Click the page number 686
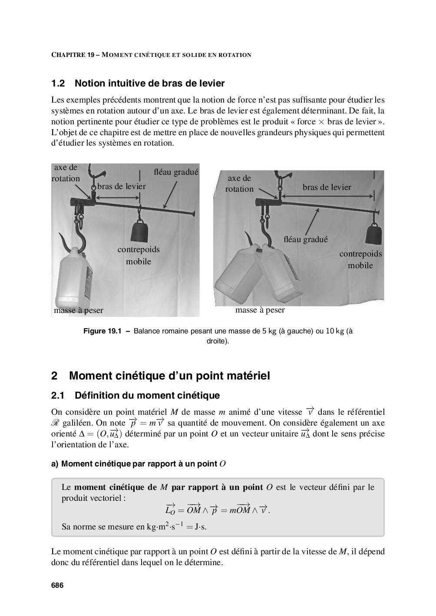[57, 586]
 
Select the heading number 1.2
[58, 83]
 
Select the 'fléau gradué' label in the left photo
[176, 172]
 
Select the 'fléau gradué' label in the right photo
[305, 239]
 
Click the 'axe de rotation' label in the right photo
[239, 183]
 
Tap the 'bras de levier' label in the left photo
[122, 186]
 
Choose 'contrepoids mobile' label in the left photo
[139, 255]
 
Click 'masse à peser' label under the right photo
[260, 310]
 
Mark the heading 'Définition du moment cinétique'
[147, 396]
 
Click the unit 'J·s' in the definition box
[200, 527]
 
